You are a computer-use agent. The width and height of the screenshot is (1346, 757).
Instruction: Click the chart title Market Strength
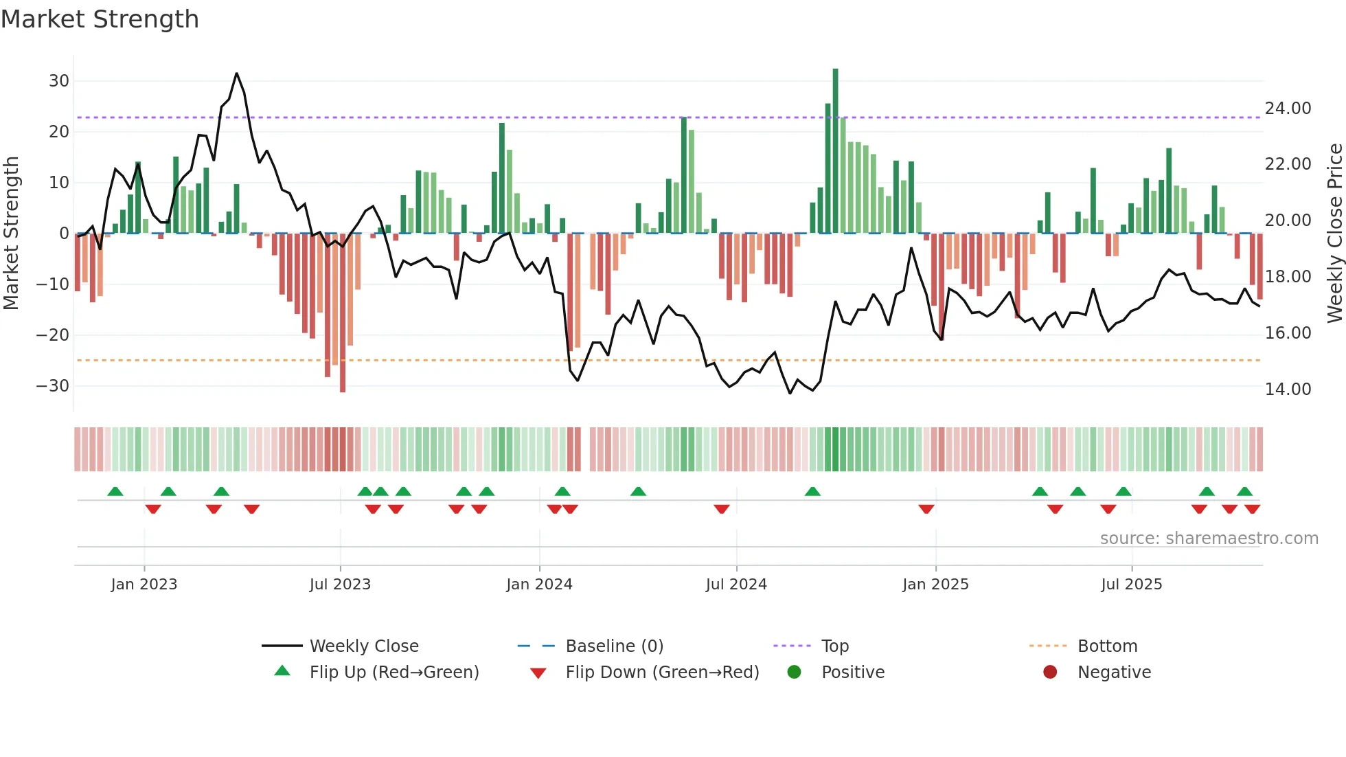pos(100,19)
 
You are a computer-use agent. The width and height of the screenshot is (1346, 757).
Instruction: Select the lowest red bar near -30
pos(343,313)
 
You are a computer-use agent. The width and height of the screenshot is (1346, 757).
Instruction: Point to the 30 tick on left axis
pos(59,81)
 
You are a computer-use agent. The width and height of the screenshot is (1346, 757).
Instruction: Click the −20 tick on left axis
pos(53,335)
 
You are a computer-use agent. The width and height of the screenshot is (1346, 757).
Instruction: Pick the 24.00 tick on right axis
pos(1288,109)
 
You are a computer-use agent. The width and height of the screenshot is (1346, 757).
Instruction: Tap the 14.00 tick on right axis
pos(1288,389)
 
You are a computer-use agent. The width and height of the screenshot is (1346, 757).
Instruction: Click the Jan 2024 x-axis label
pos(539,585)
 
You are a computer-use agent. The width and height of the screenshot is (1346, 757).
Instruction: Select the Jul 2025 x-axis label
pos(1131,585)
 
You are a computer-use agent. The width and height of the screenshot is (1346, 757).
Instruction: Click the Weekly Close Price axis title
pos(1334,234)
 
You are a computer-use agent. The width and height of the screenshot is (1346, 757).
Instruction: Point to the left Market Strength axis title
pos(11,234)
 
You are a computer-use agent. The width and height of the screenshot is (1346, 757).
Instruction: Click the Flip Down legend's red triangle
pos(538,673)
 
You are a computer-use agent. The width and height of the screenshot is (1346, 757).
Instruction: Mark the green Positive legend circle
pos(795,673)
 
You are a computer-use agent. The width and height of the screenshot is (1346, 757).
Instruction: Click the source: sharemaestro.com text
pos(1209,539)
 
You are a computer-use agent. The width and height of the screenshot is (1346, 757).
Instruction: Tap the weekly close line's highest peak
pos(236,74)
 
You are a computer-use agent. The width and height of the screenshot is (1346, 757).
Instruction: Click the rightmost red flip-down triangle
pos(1252,509)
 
